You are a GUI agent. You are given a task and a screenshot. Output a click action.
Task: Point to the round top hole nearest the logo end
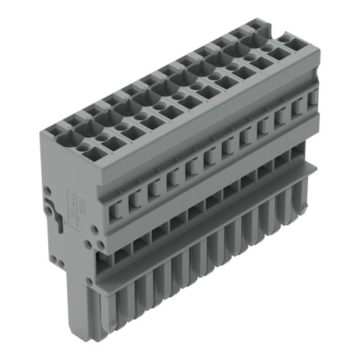click(x=87, y=147)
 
